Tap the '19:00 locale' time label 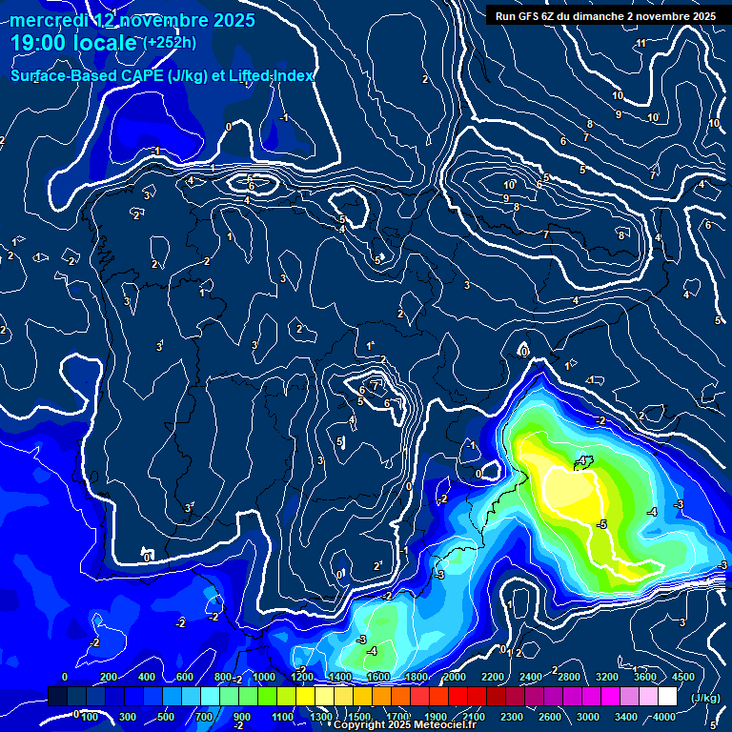(x=74, y=43)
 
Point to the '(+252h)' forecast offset (x=171, y=42)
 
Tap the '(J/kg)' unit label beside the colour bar (x=704, y=699)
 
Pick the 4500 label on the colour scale (x=683, y=677)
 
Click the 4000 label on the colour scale (x=664, y=717)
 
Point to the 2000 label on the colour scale (x=455, y=677)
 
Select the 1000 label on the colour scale (x=264, y=677)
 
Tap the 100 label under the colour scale (x=90, y=717)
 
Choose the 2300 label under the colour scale (x=512, y=717)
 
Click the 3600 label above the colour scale (x=645, y=677)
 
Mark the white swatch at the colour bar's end (x=683, y=698)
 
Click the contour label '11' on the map (x=640, y=43)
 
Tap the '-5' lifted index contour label (x=601, y=525)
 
